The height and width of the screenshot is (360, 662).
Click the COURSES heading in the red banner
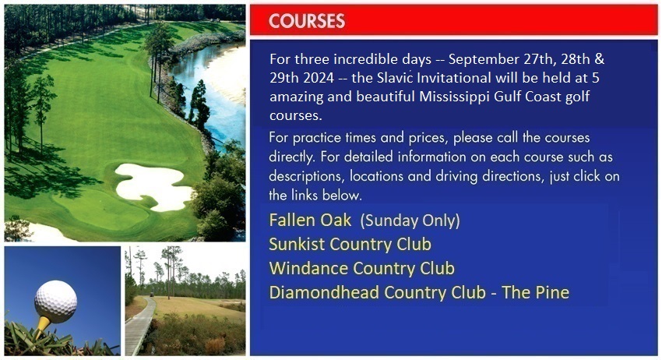click(307, 21)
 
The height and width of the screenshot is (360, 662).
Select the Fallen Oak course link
click(310, 221)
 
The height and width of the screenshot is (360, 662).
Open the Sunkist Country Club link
click(350, 244)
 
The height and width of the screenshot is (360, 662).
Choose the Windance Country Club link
click(362, 268)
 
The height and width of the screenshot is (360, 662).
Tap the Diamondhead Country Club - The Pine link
click(419, 292)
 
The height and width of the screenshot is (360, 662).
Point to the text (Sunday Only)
click(411, 221)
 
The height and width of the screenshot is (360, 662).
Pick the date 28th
click(575, 59)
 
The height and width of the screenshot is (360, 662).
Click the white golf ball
click(56, 302)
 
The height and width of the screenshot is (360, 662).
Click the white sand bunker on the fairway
click(153, 186)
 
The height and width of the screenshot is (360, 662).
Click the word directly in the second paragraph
click(291, 157)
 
